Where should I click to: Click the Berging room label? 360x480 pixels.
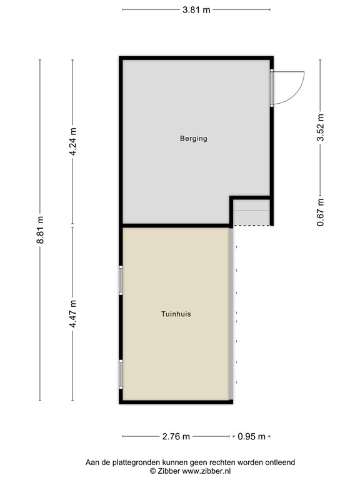tap(193, 139)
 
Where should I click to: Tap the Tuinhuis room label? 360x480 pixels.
tap(176, 314)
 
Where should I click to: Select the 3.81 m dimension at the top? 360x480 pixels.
tap(196, 10)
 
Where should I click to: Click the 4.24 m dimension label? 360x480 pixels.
tap(73, 142)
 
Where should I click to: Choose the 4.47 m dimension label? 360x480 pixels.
tap(73, 314)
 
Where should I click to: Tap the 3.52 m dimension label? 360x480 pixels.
tap(321, 129)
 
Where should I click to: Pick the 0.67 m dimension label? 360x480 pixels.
tap(321, 212)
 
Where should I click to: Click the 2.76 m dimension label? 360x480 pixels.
tap(177, 437)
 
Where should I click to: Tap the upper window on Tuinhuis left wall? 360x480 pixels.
tap(121, 280)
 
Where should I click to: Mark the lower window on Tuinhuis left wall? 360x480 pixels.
tap(121, 374)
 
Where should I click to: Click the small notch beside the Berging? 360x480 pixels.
tap(251, 212)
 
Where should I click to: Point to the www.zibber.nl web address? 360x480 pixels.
tap(208, 470)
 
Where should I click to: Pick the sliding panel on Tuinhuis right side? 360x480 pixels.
tap(232, 312)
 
